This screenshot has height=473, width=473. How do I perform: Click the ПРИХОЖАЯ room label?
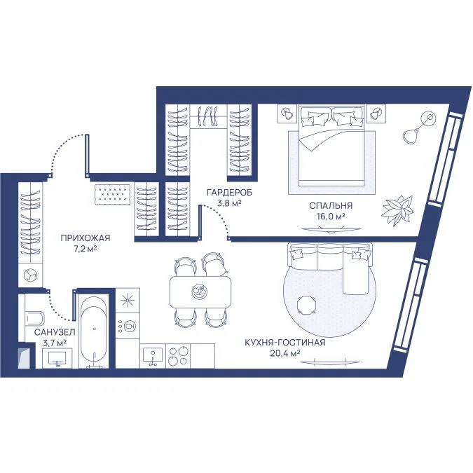[x=85, y=238]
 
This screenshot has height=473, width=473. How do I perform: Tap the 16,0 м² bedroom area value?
[x=331, y=217]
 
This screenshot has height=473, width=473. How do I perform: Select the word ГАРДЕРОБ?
[x=229, y=193]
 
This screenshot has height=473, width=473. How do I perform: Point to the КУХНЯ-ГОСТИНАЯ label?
[x=285, y=343]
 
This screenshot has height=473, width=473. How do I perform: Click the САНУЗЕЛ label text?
[x=55, y=332]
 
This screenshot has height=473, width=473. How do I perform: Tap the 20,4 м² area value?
[x=285, y=353]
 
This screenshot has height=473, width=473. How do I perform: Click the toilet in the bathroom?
[x=35, y=317]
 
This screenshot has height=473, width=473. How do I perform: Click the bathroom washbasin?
[x=57, y=358]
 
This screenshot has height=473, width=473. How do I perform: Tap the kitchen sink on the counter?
[x=153, y=356]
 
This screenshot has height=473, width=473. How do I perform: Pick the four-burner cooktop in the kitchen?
[x=178, y=356]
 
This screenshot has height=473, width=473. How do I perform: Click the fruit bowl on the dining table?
[x=200, y=292]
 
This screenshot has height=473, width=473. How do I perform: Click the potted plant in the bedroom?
[x=397, y=210]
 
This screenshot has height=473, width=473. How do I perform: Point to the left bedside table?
[x=287, y=114]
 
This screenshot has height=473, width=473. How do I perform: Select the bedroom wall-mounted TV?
[x=331, y=230]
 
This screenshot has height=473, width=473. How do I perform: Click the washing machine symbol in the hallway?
[x=31, y=275]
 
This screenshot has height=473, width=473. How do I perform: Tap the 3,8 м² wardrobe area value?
[x=229, y=203]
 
